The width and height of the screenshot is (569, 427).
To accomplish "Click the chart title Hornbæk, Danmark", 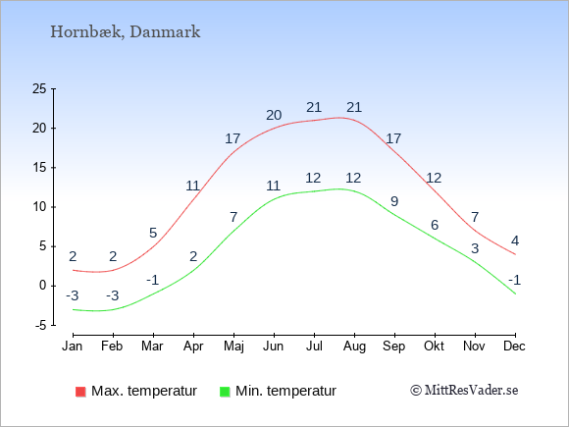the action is [126, 32].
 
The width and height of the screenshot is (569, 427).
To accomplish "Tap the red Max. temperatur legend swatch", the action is [80, 392].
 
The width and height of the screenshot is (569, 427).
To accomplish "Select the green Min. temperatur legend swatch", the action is [225, 392].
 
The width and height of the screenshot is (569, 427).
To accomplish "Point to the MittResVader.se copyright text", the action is [464, 391].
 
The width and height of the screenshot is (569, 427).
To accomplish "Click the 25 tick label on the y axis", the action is [39, 88].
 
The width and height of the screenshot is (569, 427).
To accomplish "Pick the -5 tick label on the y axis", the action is [40, 326].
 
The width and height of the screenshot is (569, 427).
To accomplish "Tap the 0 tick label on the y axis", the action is [43, 286].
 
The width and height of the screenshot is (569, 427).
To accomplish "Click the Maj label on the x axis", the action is [233, 347].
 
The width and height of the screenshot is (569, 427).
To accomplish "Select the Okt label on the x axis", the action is [434, 347].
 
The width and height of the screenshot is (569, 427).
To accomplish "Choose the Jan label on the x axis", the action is [73, 347].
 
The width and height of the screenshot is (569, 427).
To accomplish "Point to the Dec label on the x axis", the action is [514, 347].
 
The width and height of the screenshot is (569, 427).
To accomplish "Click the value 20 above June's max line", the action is [274, 115].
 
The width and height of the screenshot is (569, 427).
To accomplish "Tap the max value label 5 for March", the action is [153, 233].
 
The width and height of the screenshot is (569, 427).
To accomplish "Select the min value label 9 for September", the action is [394, 201].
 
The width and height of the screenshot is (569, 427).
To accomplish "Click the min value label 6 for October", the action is [435, 225].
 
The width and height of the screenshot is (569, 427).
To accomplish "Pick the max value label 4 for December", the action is [515, 240].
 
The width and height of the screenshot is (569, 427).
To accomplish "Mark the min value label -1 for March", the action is [153, 281].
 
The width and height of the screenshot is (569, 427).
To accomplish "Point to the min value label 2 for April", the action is [193, 257].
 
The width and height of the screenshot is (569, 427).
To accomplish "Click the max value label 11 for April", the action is [193, 186].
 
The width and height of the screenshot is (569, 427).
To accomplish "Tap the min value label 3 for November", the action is [475, 248].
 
